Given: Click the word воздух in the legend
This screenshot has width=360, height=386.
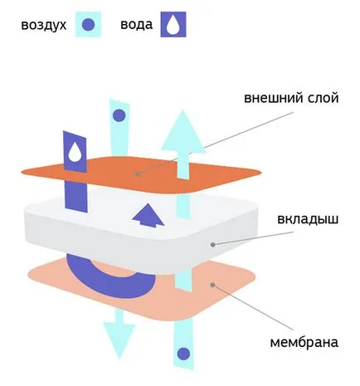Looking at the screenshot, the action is point(44,25).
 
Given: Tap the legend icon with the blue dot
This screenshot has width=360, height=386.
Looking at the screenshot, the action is point(89,24).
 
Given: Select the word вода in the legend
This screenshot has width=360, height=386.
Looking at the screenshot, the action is point(136,24).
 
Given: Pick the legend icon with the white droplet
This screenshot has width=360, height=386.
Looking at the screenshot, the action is point(173,24).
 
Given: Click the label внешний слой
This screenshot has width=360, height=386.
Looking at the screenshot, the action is point(291,98).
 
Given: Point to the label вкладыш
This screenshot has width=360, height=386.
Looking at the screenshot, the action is point(308,219).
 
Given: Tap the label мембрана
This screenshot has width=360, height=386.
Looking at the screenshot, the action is point(304,342).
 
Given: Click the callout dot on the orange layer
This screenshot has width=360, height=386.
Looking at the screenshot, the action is point(138,174).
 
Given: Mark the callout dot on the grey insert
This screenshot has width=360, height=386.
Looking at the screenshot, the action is point(212,245).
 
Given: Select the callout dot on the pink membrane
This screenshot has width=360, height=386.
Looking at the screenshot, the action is point(212,285).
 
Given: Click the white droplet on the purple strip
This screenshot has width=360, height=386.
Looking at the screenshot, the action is point(75,152).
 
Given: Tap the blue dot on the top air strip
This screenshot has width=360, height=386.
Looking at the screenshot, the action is point(119,115).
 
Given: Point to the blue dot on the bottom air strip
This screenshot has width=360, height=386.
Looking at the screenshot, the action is point(183,354).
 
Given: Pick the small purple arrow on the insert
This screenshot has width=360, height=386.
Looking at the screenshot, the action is point(148,215).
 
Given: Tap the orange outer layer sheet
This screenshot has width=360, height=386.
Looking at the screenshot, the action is point(141,175).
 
